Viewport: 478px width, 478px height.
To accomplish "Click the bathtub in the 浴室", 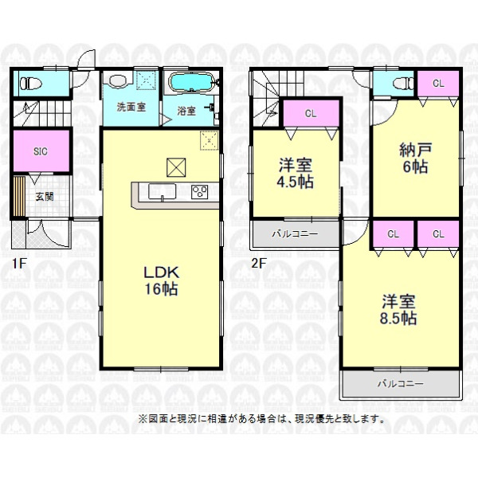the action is pos(190,82).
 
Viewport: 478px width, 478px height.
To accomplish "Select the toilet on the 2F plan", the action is pos(402,83).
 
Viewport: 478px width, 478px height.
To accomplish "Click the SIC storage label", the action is pos(41,151).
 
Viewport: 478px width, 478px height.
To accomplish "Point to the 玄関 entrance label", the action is pos(45,197).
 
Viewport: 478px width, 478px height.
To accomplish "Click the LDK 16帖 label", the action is pos(161,280).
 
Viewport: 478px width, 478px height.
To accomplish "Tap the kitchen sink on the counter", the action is pos(162,191).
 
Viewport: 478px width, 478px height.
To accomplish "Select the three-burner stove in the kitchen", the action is pos(199,192).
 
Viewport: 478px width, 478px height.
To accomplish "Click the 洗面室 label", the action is pos(131,107).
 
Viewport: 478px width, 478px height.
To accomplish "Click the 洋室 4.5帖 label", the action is pos(295,174).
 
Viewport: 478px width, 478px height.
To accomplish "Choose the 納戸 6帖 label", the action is pos(416,159).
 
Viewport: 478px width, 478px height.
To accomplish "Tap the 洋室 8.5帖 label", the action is pos(398,310).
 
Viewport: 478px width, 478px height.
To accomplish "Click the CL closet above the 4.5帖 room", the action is pos(311,113).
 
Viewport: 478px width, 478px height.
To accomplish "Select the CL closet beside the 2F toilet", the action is pos(438,83).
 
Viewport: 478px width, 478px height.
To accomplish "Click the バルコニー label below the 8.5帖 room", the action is pos(400,383).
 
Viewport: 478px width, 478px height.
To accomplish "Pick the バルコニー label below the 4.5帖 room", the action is pos(295,233).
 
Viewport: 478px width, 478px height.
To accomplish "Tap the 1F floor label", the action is pos(19,264).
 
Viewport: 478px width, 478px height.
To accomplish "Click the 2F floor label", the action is pos(258,264).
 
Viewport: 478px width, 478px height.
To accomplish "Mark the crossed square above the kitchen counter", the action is pos(176,167).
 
